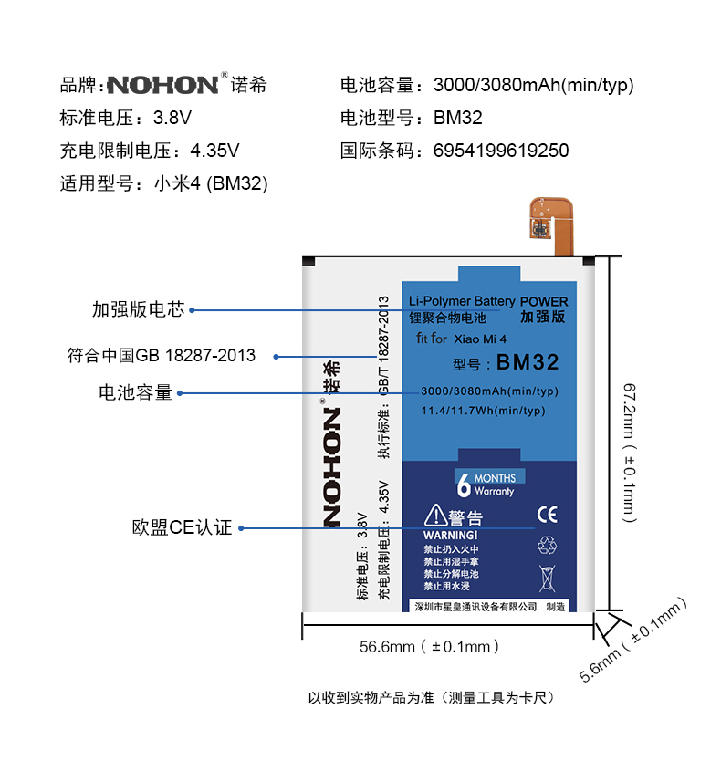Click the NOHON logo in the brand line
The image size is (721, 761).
point(162,86)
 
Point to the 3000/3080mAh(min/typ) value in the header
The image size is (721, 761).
point(533,86)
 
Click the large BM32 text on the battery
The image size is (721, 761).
point(528,362)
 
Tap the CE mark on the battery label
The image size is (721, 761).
point(547,515)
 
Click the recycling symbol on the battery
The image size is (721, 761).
point(547,545)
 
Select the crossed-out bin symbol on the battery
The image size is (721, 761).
point(547,578)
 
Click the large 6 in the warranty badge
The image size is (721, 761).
point(464,485)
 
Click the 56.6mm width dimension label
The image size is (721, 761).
point(429,647)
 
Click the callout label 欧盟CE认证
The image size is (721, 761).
point(182,528)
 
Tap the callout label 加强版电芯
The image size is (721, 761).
point(138,309)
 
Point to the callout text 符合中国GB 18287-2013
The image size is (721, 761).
point(162,355)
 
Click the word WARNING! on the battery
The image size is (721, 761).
point(451,535)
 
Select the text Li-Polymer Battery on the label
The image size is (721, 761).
point(462,301)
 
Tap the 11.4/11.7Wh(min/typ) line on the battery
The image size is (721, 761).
point(483,411)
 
